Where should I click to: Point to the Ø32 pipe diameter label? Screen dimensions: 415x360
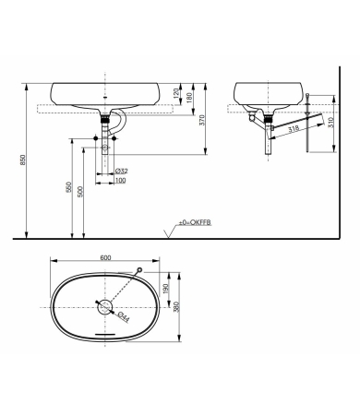click(x=120, y=171)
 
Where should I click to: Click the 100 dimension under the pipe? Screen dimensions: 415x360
click(x=120, y=180)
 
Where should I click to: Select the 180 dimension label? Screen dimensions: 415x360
click(x=191, y=97)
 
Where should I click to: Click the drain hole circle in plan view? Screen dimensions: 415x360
click(x=105, y=306)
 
